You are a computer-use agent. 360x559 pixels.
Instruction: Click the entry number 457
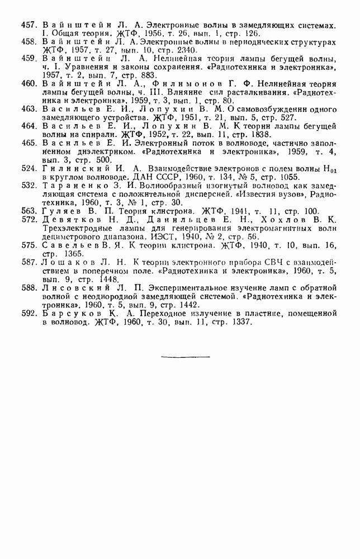[x=29, y=26]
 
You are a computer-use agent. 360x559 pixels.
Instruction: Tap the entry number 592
[x=29, y=314]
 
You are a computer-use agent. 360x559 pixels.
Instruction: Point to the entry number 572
[x=29, y=219]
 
